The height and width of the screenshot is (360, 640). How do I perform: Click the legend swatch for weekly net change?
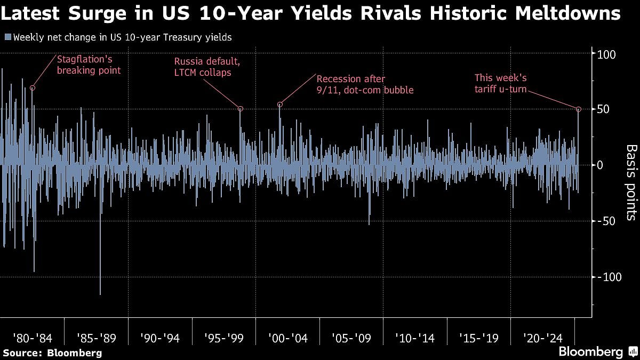(x=7, y=37)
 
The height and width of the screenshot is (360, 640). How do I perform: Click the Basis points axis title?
(x=630, y=182)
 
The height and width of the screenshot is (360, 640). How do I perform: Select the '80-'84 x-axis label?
(x=32, y=338)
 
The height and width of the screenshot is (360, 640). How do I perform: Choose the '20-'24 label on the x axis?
(x=542, y=338)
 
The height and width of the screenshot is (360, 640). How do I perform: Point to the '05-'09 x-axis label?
(x=351, y=338)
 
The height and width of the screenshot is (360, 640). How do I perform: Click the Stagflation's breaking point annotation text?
(x=89, y=65)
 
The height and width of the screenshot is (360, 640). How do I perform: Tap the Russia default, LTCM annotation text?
(x=207, y=67)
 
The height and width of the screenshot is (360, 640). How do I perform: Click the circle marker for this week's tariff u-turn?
(x=579, y=109)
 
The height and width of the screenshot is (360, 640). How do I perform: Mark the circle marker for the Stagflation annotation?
(x=33, y=88)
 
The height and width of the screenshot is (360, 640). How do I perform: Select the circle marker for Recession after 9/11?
(x=279, y=105)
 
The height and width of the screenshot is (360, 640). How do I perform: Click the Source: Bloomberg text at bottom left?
(x=52, y=353)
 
